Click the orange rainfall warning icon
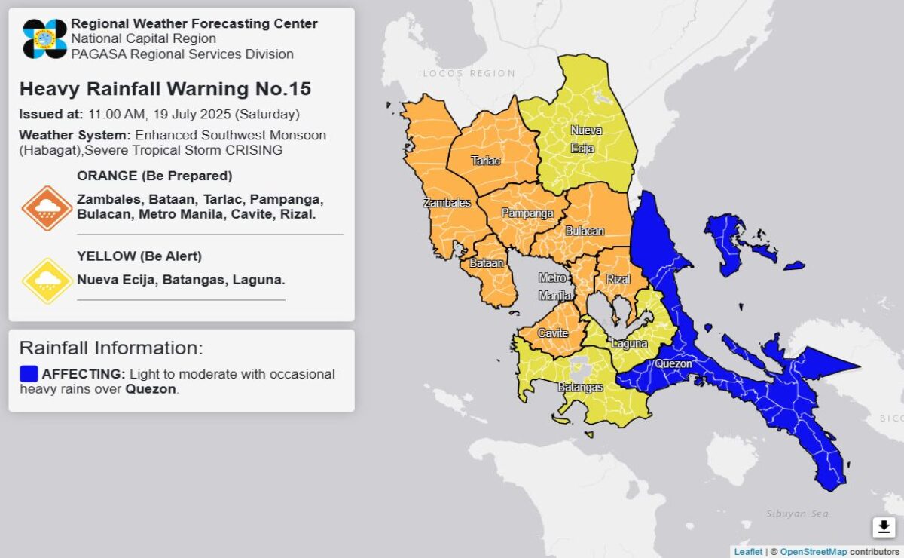[47, 208]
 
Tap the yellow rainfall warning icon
[47, 281]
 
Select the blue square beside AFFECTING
[29, 374]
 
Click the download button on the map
[884, 526]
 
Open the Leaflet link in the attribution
[748, 552]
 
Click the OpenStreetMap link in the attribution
[813, 552]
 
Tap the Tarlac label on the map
[485, 161]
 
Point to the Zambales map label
[447, 203]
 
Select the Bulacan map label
[585, 231]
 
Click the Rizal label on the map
[618, 280]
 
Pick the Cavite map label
[553, 333]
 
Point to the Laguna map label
[630, 344]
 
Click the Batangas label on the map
[580, 387]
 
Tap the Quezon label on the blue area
[673, 363]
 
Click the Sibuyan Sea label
[797, 514]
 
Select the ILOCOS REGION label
[467, 74]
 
